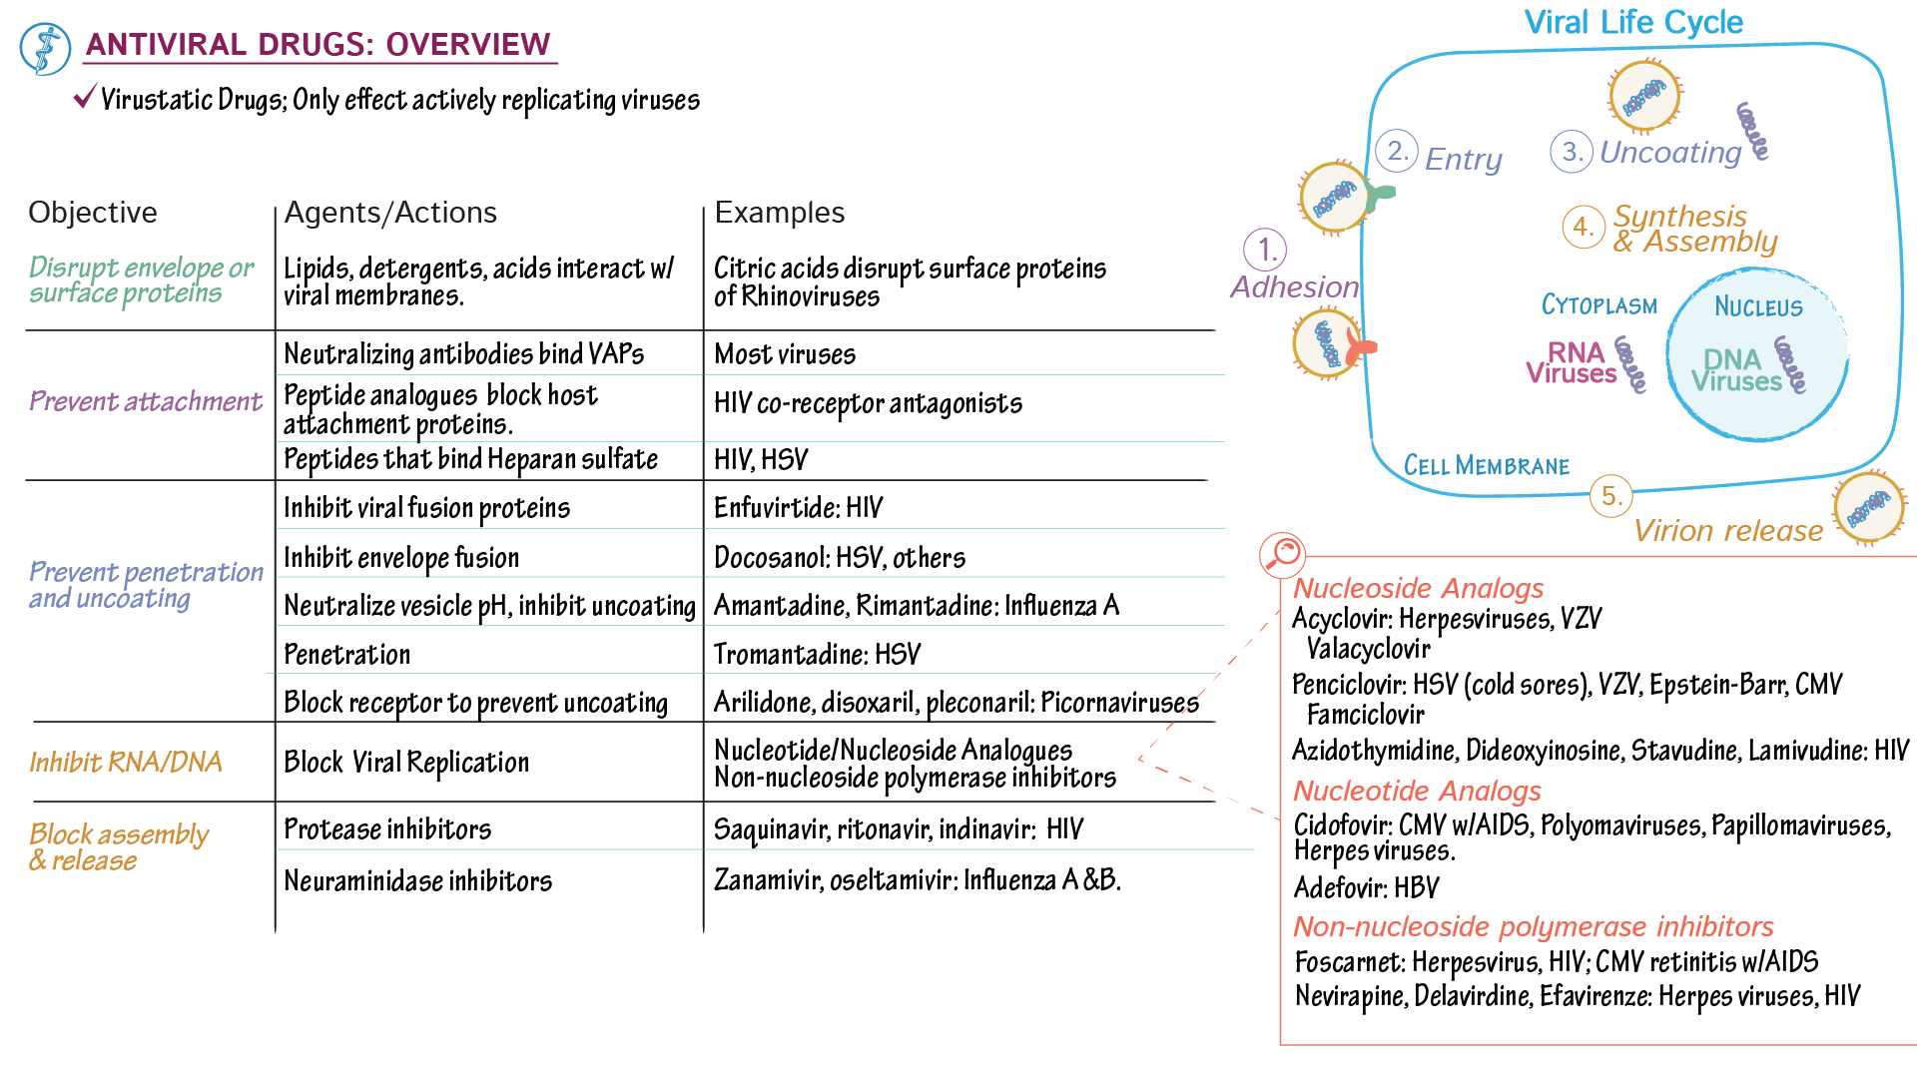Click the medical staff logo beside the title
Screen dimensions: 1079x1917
pos(45,49)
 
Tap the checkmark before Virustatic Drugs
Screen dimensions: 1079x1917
pos(85,97)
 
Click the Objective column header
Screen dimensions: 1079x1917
pos(93,213)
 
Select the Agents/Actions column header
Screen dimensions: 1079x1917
pos(390,213)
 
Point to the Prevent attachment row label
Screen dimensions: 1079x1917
pos(145,401)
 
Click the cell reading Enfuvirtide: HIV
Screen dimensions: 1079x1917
pos(798,508)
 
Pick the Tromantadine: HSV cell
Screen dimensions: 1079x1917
pos(817,655)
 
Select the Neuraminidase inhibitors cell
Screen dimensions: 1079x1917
pos(417,881)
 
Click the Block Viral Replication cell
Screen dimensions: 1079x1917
pos(406,763)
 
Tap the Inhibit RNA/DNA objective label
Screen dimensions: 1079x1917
pos(125,763)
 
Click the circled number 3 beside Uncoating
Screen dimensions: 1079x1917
pos(1571,152)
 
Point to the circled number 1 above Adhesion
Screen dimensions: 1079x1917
pos(1265,250)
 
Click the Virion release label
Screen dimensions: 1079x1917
pos(1728,531)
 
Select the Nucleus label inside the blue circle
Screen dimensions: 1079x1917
pos(1758,306)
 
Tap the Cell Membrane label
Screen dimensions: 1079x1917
pos(1486,466)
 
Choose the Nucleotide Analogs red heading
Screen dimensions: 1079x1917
pos(1417,792)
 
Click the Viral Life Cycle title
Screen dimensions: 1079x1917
pos(1632,22)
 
